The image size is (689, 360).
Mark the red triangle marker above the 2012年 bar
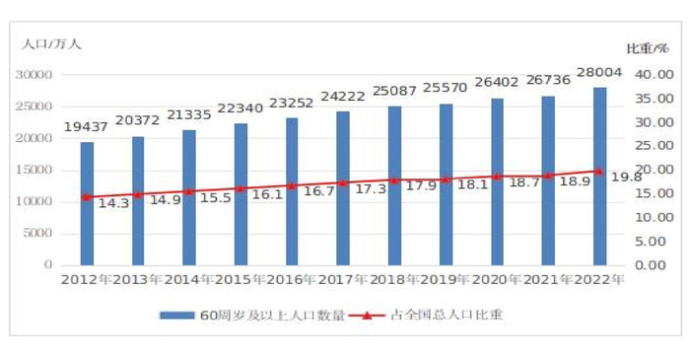87,197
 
